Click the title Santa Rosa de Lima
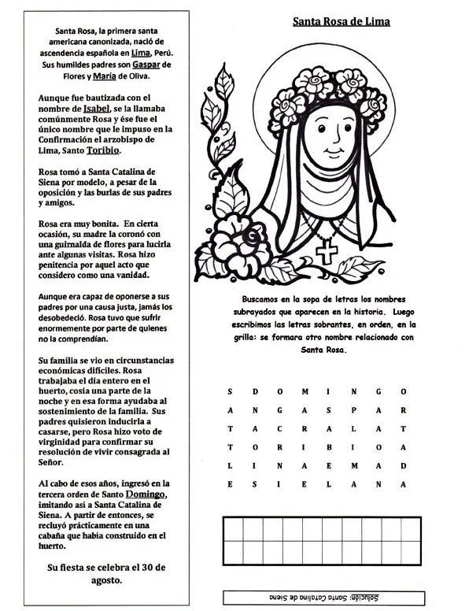coord(341,21)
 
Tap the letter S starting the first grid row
coord(230,391)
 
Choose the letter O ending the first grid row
coord(403,391)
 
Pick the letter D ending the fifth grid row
coord(403,466)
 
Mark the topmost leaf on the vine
coord(227,79)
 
